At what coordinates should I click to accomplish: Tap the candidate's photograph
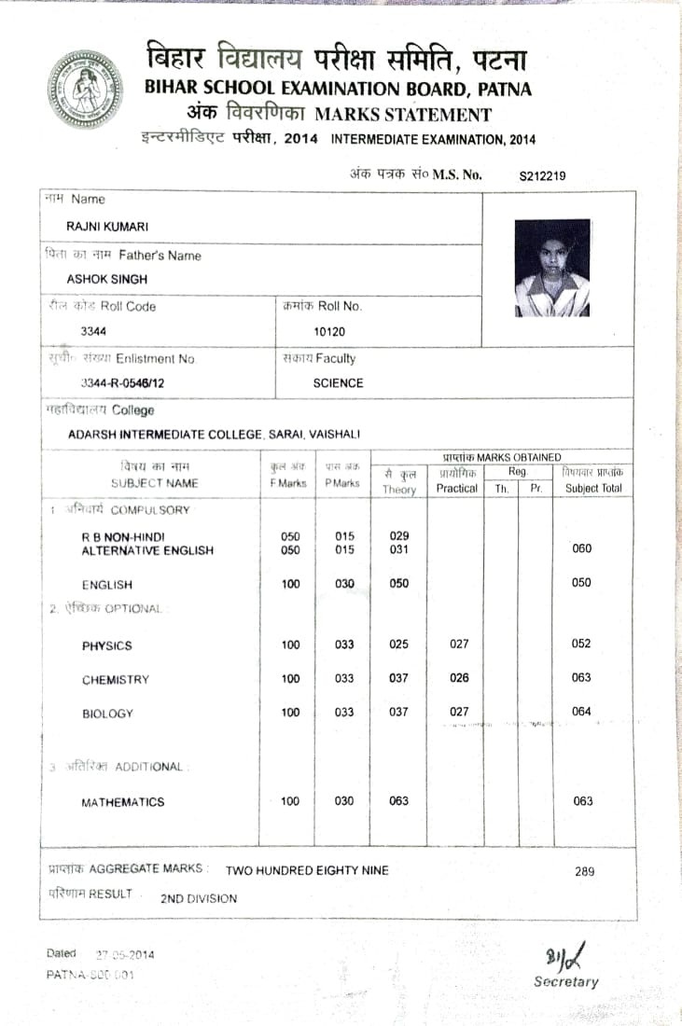pyautogui.click(x=552, y=268)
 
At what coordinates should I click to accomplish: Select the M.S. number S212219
pyautogui.click(x=543, y=175)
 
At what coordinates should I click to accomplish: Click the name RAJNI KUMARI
pyautogui.click(x=107, y=227)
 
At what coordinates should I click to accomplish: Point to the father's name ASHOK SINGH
pyautogui.click(x=106, y=279)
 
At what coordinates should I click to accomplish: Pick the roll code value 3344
pyautogui.click(x=94, y=330)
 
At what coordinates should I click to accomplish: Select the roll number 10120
pyautogui.click(x=328, y=331)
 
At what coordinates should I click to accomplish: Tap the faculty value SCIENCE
pyautogui.click(x=338, y=383)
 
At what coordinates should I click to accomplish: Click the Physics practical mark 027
pyautogui.click(x=458, y=645)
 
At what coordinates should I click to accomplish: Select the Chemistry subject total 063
pyautogui.click(x=581, y=678)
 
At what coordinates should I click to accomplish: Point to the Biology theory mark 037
pyautogui.click(x=398, y=713)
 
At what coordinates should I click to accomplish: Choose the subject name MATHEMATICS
pyautogui.click(x=123, y=802)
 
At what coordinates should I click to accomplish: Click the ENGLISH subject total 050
pyautogui.click(x=581, y=583)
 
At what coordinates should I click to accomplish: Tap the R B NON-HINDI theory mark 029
pyautogui.click(x=398, y=536)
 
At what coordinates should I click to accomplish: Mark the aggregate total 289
pyautogui.click(x=584, y=871)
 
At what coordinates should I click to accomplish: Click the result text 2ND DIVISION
pyautogui.click(x=199, y=899)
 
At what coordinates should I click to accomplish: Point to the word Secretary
pyautogui.click(x=565, y=982)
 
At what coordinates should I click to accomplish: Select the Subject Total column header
pyautogui.click(x=593, y=488)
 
